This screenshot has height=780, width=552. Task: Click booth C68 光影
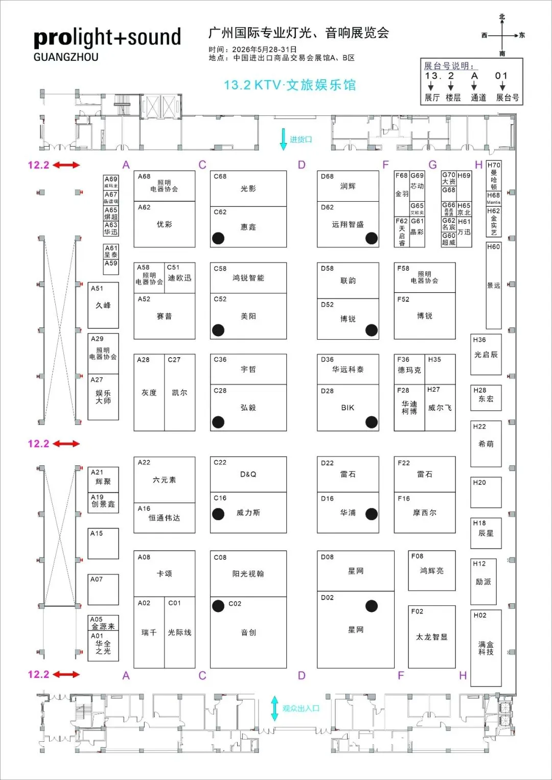[248, 188]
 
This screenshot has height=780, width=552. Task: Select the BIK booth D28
[348, 408]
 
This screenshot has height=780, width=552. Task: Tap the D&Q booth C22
[248, 474]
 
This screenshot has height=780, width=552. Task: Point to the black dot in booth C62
[218, 238]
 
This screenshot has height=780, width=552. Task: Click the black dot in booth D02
[372, 606]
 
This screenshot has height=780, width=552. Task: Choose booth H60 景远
[493, 286]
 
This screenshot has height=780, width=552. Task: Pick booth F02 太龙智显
[431, 636]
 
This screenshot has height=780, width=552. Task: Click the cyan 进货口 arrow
[283, 139]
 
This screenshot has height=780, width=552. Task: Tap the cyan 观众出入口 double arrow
[274, 708]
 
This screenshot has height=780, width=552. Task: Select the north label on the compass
[502, 17]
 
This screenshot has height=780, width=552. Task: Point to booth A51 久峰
[103, 305]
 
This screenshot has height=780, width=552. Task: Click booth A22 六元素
[164, 480]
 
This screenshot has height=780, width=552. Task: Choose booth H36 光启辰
[486, 354]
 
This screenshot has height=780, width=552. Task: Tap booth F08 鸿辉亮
[431, 571]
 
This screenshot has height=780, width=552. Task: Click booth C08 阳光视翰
[248, 574]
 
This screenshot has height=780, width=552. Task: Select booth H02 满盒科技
[486, 648]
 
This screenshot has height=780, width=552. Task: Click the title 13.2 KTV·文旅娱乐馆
[290, 85]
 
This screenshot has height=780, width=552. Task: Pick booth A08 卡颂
[164, 574]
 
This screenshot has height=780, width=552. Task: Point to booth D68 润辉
[348, 186]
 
